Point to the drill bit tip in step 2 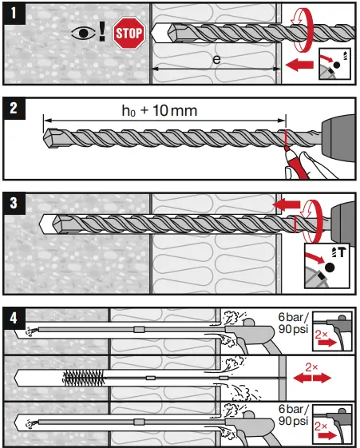click(50, 135)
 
